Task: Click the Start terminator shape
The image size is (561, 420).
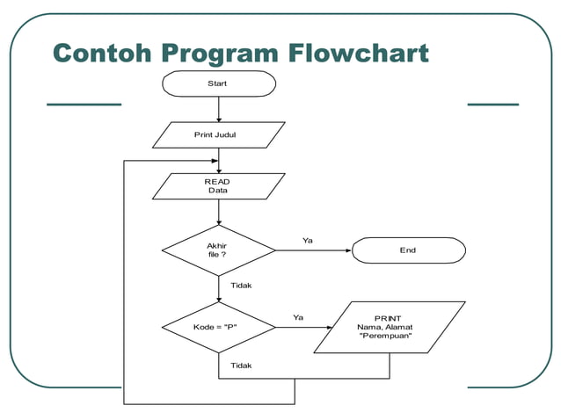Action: click(x=218, y=83)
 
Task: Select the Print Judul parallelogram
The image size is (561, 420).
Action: click(x=218, y=134)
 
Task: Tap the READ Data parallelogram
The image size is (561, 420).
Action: click(x=218, y=185)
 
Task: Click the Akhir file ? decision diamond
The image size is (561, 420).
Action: click(x=218, y=250)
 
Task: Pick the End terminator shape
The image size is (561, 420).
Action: click(x=408, y=250)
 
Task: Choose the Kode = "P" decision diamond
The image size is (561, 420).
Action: click(x=218, y=328)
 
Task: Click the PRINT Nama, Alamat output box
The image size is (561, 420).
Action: click(x=389, y=328)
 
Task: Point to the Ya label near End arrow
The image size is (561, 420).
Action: click(x=308, y=240)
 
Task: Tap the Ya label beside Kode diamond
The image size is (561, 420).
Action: click(x=298, y=317)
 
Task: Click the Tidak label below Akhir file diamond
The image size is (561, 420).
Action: click(x=241, y=286)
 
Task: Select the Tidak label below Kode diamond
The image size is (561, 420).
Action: click(x=241, y=365)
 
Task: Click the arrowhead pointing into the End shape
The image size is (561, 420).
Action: click(x=347, y=250)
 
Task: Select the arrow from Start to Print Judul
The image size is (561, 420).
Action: click(x=218, y=109)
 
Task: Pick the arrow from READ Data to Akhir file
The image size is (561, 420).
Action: click(x=218, y=213)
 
